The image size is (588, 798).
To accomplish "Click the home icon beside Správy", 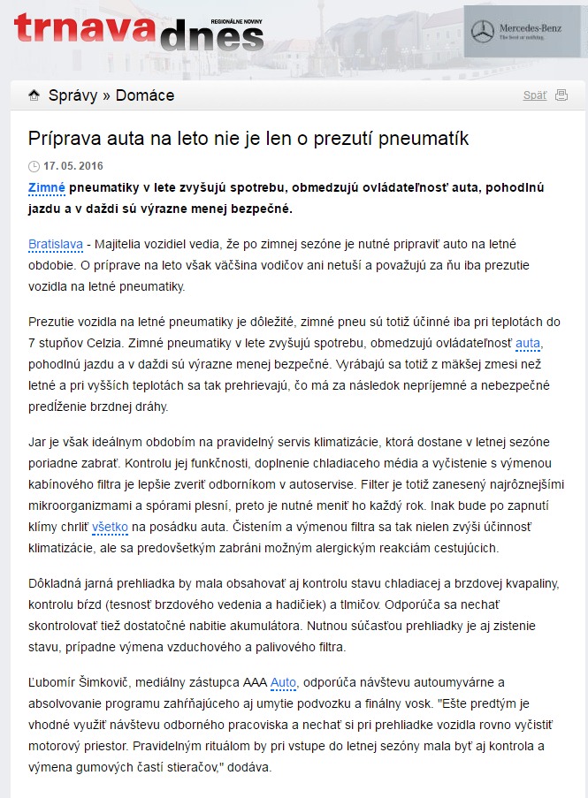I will (34, 95).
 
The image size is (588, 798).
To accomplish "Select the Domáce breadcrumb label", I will (145, 95).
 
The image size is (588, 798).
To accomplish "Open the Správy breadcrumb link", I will (73, 95).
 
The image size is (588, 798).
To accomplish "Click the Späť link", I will (534, 95).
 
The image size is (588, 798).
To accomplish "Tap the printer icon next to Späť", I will (561, 95).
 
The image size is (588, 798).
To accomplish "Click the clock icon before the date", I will (34, 166).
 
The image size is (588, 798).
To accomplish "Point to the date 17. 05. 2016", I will (73, 166).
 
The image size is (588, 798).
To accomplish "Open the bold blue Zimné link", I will (47, 188).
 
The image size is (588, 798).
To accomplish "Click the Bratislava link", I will (56, 243).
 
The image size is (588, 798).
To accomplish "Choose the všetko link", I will (111, 527).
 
